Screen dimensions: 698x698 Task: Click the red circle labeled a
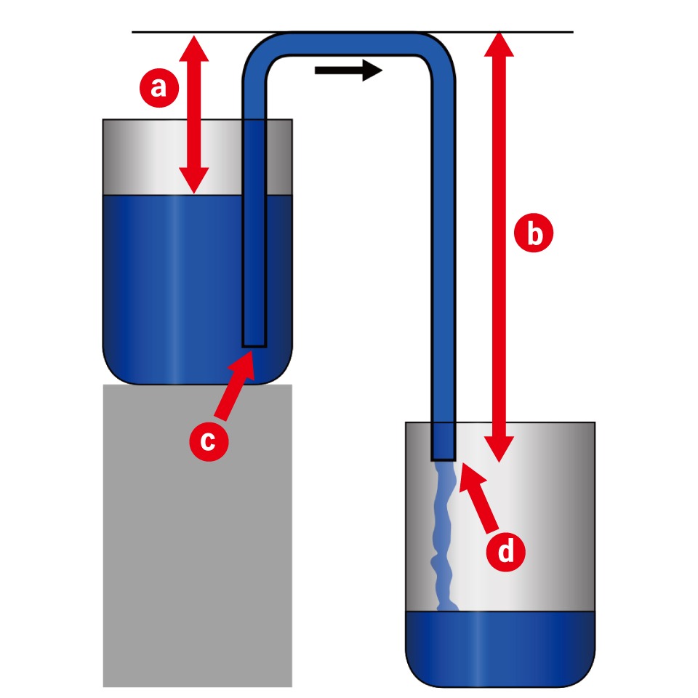click(158, 88)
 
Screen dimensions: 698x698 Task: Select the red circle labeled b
click(534, 235)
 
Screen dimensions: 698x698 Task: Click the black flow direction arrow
click(348, 71)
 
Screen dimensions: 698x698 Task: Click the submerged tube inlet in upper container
click(254, 337)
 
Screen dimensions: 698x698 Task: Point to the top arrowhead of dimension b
click(500, 45)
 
